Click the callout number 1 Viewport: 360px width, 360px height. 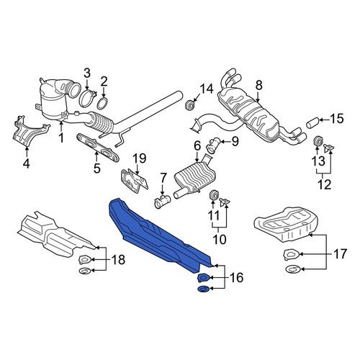(61, 138)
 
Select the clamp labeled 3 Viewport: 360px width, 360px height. (86, 98)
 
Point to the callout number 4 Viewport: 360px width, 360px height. (27, 163)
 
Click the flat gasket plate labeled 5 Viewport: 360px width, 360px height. (98, 148)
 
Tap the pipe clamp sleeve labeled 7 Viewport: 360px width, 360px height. (162, 201)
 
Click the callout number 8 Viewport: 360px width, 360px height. (259, 86)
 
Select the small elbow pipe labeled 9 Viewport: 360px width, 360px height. (212, 145)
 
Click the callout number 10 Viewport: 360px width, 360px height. (220, 239)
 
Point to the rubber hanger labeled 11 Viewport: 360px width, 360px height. (213, 194)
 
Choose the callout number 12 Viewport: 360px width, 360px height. (324, 184)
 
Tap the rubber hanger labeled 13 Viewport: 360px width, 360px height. (318, 140)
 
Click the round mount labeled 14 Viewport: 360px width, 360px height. (190, 105)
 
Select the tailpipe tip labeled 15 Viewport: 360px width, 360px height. (312, 122)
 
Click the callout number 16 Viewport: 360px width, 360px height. (236, 277)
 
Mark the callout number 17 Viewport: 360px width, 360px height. (341, 254)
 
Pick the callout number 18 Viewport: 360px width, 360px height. (119, 259)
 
